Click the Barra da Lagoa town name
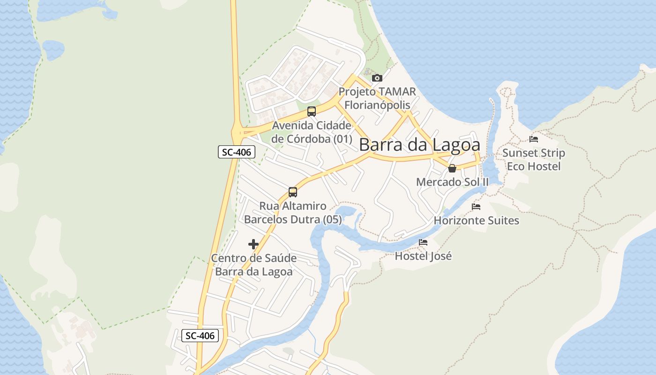coord(419,145)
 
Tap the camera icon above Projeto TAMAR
coord(377,78)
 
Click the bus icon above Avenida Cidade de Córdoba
coord(311,112)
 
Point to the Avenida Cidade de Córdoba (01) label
coord(312,132)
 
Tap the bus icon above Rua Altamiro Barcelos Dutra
coord(293,192)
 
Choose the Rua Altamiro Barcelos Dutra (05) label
coord(293,213)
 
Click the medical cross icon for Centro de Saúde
coord(253,244)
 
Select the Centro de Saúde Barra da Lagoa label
coord(253,265)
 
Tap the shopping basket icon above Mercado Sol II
coord(452,168)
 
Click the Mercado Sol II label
coord(452,182)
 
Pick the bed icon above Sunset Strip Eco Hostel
coord(534,139)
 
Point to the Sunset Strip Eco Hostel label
coord(534,159)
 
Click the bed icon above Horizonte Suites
coord(476,207)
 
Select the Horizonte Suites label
coord(477,220)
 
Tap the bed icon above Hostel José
coord(423,242)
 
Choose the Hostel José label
coord(423,256)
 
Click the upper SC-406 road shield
coord(237,152)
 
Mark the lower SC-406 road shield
coord(200,336)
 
